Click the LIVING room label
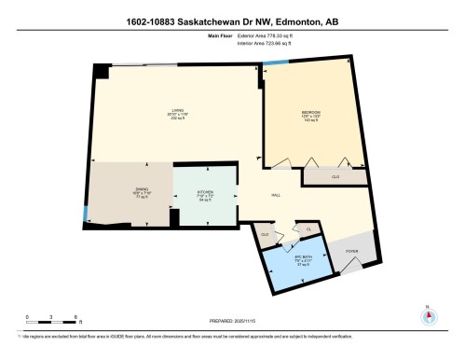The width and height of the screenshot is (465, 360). [173, 109]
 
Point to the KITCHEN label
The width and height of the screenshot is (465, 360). [206, 194]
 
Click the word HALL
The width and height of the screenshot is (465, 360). [276, 195]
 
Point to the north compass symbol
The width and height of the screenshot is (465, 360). [428, 314]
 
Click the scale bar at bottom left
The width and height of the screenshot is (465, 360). [54, 324]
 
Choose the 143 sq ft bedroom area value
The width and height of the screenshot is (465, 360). [311, 122]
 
